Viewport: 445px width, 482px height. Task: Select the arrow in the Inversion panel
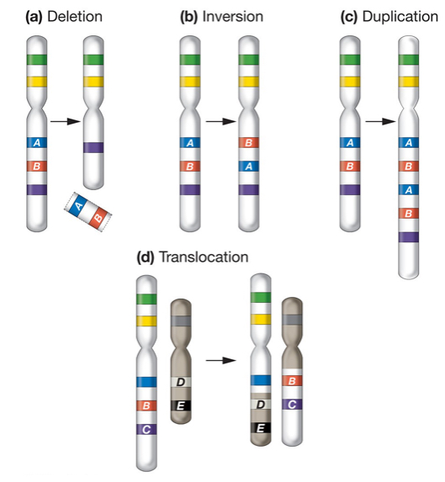click(x=219, y=122)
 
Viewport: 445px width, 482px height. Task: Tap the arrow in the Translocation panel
click(x=220, y=360)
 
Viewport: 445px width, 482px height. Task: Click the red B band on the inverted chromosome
click(x=250, y=144)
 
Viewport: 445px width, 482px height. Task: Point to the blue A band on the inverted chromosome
click(x=250, y=167)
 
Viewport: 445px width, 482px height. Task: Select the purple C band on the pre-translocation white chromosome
click(x=148, y=429)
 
